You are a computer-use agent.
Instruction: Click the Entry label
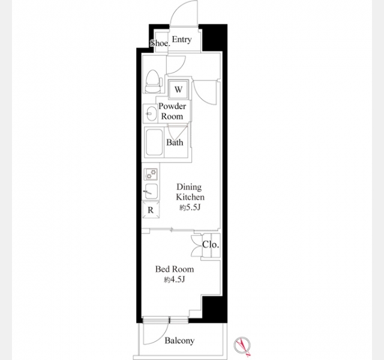182,40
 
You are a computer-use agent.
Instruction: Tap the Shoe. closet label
160,43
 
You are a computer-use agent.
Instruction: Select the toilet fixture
154,82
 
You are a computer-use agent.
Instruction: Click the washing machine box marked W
179,89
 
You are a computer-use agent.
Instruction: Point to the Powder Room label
172,111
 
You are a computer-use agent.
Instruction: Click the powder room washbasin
150,113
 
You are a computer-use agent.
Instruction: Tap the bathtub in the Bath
154,143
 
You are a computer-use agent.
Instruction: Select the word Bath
175,142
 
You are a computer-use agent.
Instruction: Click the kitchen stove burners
151,174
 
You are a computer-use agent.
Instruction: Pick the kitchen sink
151,191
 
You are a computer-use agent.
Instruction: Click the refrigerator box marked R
151,209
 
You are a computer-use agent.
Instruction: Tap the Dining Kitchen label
190,192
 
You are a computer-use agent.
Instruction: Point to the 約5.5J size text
190,208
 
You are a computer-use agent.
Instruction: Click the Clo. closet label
211,245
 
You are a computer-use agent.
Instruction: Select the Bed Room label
175,269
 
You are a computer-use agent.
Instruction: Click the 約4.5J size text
174,280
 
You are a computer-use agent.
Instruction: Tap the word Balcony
179,340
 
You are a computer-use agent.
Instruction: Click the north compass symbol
242,346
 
